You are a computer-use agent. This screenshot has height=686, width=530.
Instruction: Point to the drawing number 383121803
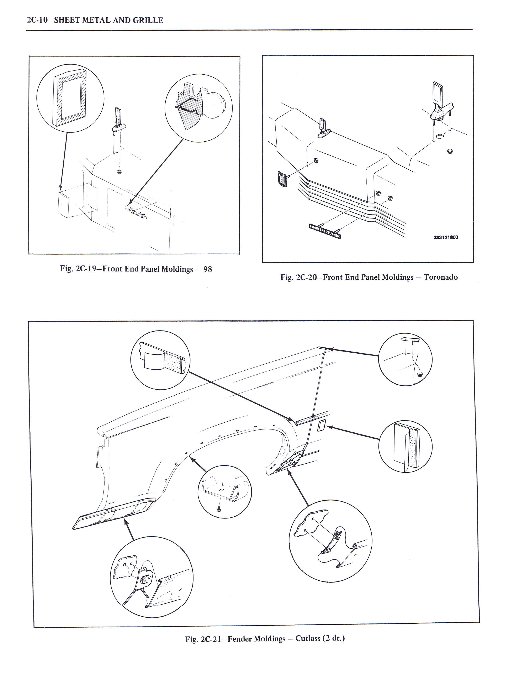[x=446, y=237]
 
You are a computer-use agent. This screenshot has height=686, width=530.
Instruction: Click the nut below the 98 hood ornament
[x=119, y=172]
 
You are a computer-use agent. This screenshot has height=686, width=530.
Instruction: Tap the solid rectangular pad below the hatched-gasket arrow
[x=65, y=204]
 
